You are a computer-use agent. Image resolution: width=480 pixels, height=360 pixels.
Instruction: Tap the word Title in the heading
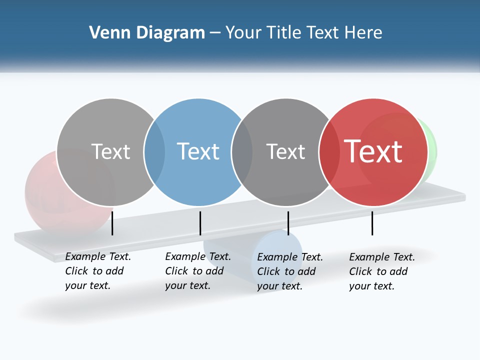(278, 33)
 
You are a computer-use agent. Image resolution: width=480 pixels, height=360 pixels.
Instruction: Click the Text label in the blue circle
(198, 151)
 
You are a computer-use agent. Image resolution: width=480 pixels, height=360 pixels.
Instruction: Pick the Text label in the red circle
(373, 151)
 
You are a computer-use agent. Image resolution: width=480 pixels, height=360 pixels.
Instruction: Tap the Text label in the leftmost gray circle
(110, 151)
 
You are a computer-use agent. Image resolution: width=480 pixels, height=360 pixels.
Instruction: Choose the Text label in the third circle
(285, 151)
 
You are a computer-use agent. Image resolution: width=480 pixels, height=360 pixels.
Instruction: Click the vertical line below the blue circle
(200, 223)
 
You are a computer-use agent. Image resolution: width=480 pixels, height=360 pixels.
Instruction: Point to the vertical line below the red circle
(372, 223)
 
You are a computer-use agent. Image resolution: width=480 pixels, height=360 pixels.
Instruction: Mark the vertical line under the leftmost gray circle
(112, 223)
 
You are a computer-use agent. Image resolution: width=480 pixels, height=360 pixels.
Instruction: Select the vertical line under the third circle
(288, 223)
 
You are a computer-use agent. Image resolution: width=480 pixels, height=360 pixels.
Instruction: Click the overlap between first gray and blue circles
(154, 152)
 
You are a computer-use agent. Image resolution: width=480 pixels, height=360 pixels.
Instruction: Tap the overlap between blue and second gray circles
(242, 152)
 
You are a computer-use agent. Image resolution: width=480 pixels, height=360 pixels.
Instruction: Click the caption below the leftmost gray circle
(97, 271)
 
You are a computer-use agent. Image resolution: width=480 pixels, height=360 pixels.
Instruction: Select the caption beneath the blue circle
(197, 271)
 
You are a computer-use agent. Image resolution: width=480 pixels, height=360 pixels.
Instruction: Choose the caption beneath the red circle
(381, 271)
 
